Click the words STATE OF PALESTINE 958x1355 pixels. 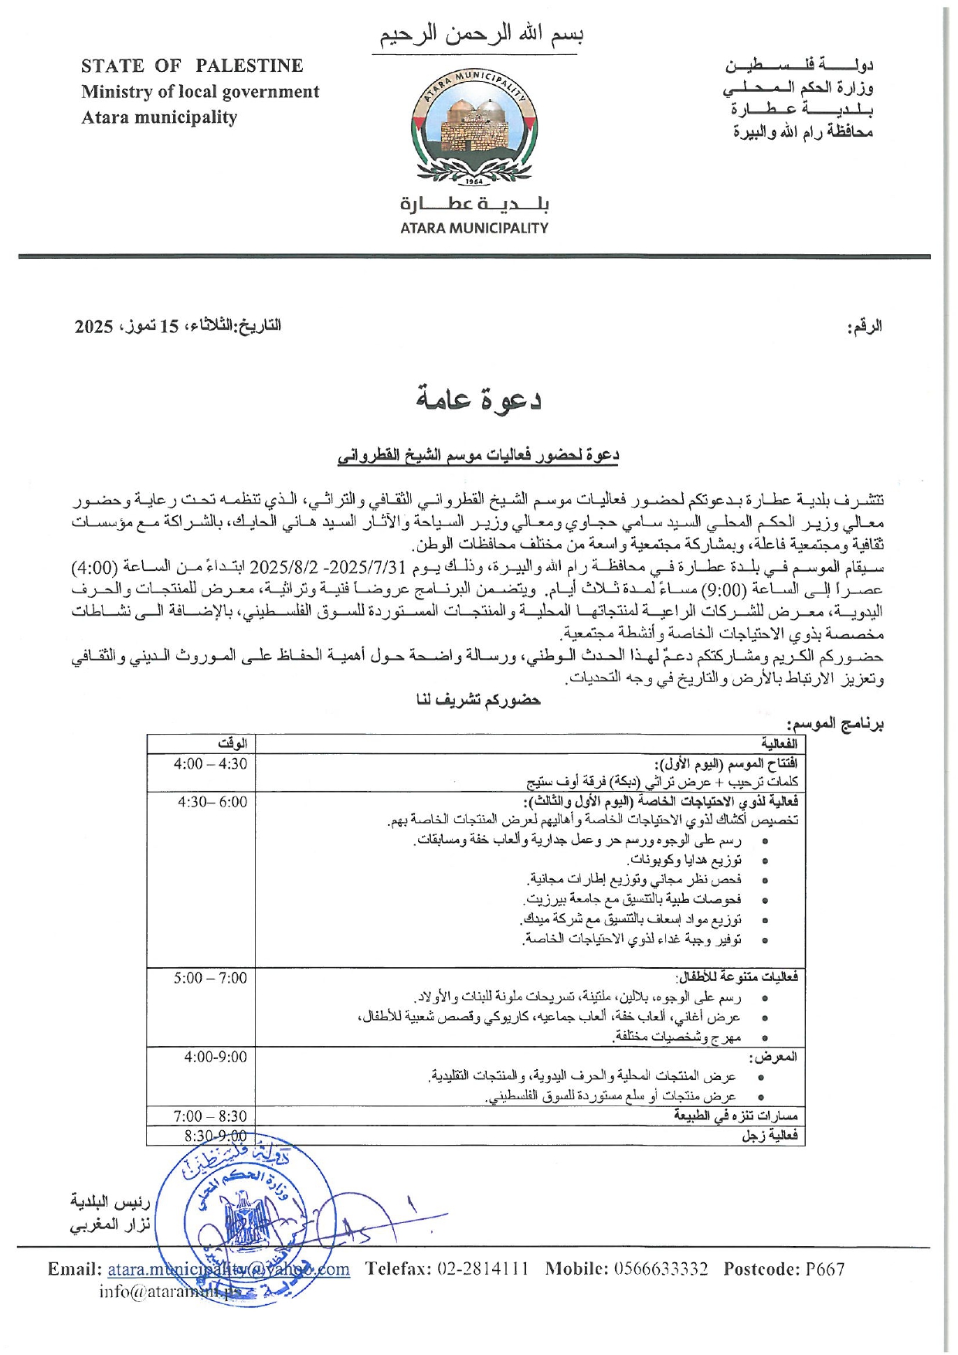(x=192, y=66)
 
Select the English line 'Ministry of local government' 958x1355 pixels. (x=200, y=92)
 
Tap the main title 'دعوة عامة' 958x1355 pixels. (x=479, y=399)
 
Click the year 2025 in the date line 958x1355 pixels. (x=93, y=326)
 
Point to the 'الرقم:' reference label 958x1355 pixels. (x=865, y=327)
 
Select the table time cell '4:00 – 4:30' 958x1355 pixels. (x=210, y=764)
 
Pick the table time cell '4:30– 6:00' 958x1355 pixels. (x=212, y=802)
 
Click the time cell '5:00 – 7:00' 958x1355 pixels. (x=210, y=978)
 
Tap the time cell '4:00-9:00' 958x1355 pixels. (x=215, y=1057)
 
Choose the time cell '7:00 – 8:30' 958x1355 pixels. (x=210, y=1116)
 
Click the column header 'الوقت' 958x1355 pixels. (x=232, y=743)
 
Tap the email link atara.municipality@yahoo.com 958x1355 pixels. (x=228, y=1269)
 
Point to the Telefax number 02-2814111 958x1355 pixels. (x=483, y=1269)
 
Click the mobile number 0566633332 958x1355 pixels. (x=661, y=1269)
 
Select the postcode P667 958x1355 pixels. (x=824, y=1269)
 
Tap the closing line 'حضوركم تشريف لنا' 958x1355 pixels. (x=478, y=700)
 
